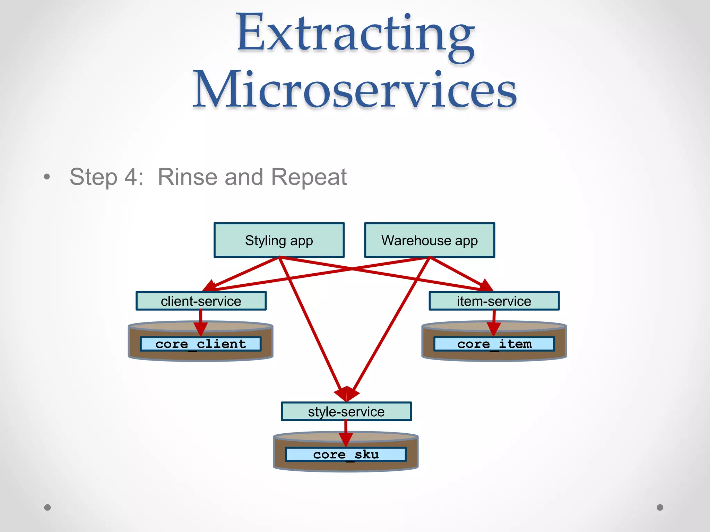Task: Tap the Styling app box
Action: tap(279, 240)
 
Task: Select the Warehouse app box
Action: tap(430, 240)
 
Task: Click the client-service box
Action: tap(201, 301)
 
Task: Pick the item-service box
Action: tap(494, 301)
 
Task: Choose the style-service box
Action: tap(346, 411)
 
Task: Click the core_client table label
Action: tap(201, 344)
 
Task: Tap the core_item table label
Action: tap(494, 344)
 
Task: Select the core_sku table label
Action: tap(346, 454)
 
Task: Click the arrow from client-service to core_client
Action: tap(201, 319)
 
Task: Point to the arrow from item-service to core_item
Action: tap(494, 319)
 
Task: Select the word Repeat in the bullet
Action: tap(309, 177)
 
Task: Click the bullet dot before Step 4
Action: tap(47, 177)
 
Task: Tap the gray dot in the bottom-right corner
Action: tap(660, 507)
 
